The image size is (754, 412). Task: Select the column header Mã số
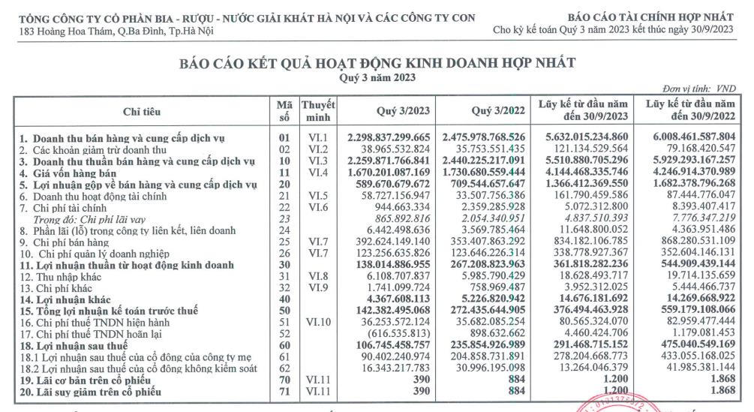click(x=284, y=112)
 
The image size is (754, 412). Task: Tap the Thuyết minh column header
click(x=317, y=112)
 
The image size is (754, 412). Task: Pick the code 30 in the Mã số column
click(x=284, y=265)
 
